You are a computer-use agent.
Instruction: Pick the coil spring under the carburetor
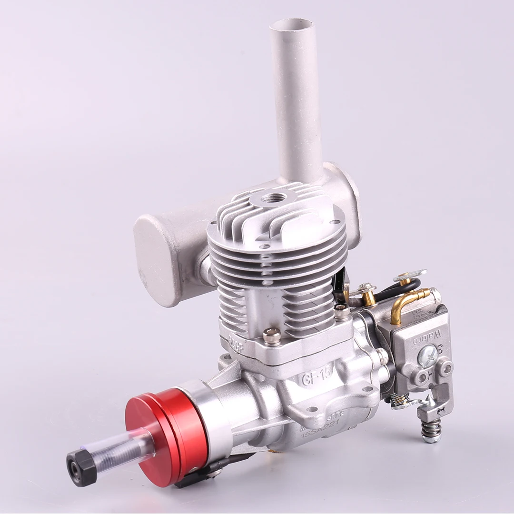pos(431,431)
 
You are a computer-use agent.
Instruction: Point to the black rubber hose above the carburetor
pos(402,288)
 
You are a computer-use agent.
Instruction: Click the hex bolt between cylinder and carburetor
pos(342,312)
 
